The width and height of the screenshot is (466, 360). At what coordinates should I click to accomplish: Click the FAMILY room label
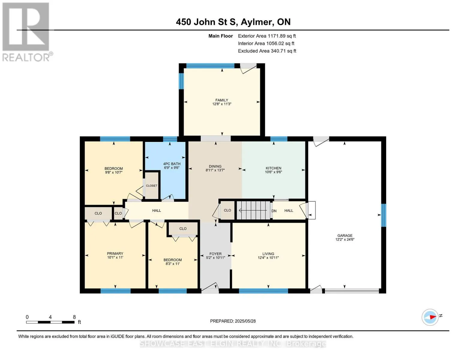click(x=222, y=100)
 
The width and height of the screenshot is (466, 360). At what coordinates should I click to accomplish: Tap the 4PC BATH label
click(x=172, y=164)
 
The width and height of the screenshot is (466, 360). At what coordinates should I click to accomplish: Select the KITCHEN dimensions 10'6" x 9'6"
click(x=273, y=172)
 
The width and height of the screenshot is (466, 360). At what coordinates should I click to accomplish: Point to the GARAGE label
click(x=345, y=235)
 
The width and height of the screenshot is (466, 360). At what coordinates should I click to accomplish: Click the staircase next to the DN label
click(x=254, y=210)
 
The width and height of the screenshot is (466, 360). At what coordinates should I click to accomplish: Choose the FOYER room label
click(x=215, y=254)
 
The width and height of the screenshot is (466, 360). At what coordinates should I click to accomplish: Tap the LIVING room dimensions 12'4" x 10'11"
click(x=268, y=257)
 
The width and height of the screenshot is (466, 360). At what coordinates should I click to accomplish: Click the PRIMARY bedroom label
click(x=115, y=253)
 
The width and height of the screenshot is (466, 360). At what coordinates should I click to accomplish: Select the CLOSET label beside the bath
click(x=152, y=186)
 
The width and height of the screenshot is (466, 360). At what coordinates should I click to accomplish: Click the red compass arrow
click(x=433, y=317)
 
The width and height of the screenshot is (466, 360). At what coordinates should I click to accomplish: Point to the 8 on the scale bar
click(x=74, y=317)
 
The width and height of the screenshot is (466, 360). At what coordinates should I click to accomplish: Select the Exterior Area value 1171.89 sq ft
click(x=282, y=36)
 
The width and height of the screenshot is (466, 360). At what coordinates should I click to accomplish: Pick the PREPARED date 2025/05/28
click(x=245, y=321)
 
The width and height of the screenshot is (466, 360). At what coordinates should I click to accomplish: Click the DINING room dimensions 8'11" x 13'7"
click(x=215, y=170)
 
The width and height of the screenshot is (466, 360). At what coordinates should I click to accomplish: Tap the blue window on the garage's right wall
click(x=384, y=215)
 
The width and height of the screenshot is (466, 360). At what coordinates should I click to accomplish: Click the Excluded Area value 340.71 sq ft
click(x=284, y=51)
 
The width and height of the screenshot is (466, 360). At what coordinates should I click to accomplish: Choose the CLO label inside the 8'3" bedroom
click(x=183, y=229)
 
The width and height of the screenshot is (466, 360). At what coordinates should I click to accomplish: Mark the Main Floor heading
click(x=221, y=36)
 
